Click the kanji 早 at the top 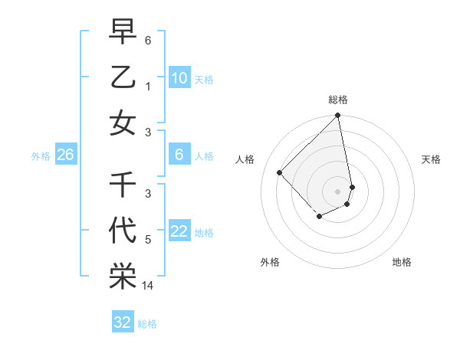123,31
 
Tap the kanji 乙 123,77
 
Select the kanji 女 123,123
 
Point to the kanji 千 123,185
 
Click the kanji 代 123,231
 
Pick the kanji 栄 123,277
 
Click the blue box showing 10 179,78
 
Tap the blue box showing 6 179,155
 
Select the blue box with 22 179,232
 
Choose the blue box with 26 66,155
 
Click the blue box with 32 123,322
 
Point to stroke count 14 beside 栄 148,286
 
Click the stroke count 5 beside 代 148,240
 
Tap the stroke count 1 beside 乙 148,86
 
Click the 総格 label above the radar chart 338,100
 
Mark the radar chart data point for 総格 338,116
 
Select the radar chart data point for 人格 280,172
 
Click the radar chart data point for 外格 319,218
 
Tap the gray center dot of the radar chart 338,191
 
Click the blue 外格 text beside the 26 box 41,156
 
